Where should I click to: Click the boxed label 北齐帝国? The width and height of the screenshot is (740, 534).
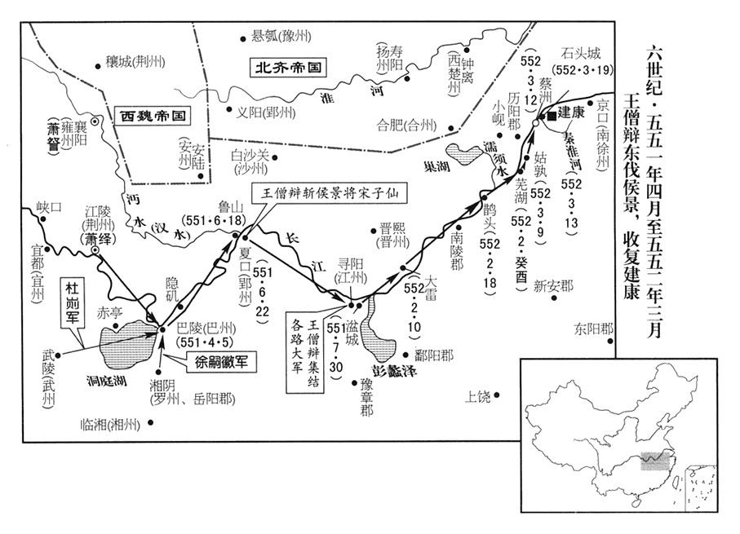(x=288, y=67)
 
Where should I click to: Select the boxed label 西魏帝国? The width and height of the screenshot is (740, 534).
(x=153, y=116)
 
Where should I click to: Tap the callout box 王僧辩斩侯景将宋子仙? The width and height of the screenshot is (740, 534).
(x=329, y=193)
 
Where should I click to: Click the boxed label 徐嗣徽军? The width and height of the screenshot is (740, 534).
(x=221, y=363)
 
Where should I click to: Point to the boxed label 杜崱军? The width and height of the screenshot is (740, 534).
(x=72, y=302)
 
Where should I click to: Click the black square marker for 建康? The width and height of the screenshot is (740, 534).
(x=550, y=116)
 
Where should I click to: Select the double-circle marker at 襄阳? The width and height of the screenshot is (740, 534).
(x=95, y=121)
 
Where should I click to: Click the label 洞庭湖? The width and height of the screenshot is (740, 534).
(x=107, y=381)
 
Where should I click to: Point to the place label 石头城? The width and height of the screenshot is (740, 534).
(x=581, y=53)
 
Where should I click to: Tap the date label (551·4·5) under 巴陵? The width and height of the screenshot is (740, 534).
(x=205, y=342)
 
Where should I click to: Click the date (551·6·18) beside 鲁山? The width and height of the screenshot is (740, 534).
(x=213, y=220)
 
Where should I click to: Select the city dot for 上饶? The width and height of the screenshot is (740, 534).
(x=497, y=395)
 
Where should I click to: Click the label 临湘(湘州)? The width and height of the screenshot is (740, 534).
(x=110, y=424)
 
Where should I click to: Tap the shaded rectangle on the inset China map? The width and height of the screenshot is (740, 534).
(x=655, y=461)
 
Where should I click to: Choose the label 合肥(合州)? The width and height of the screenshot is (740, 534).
(x=406, y=125)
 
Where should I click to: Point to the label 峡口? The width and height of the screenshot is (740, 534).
(x=49, y=208)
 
